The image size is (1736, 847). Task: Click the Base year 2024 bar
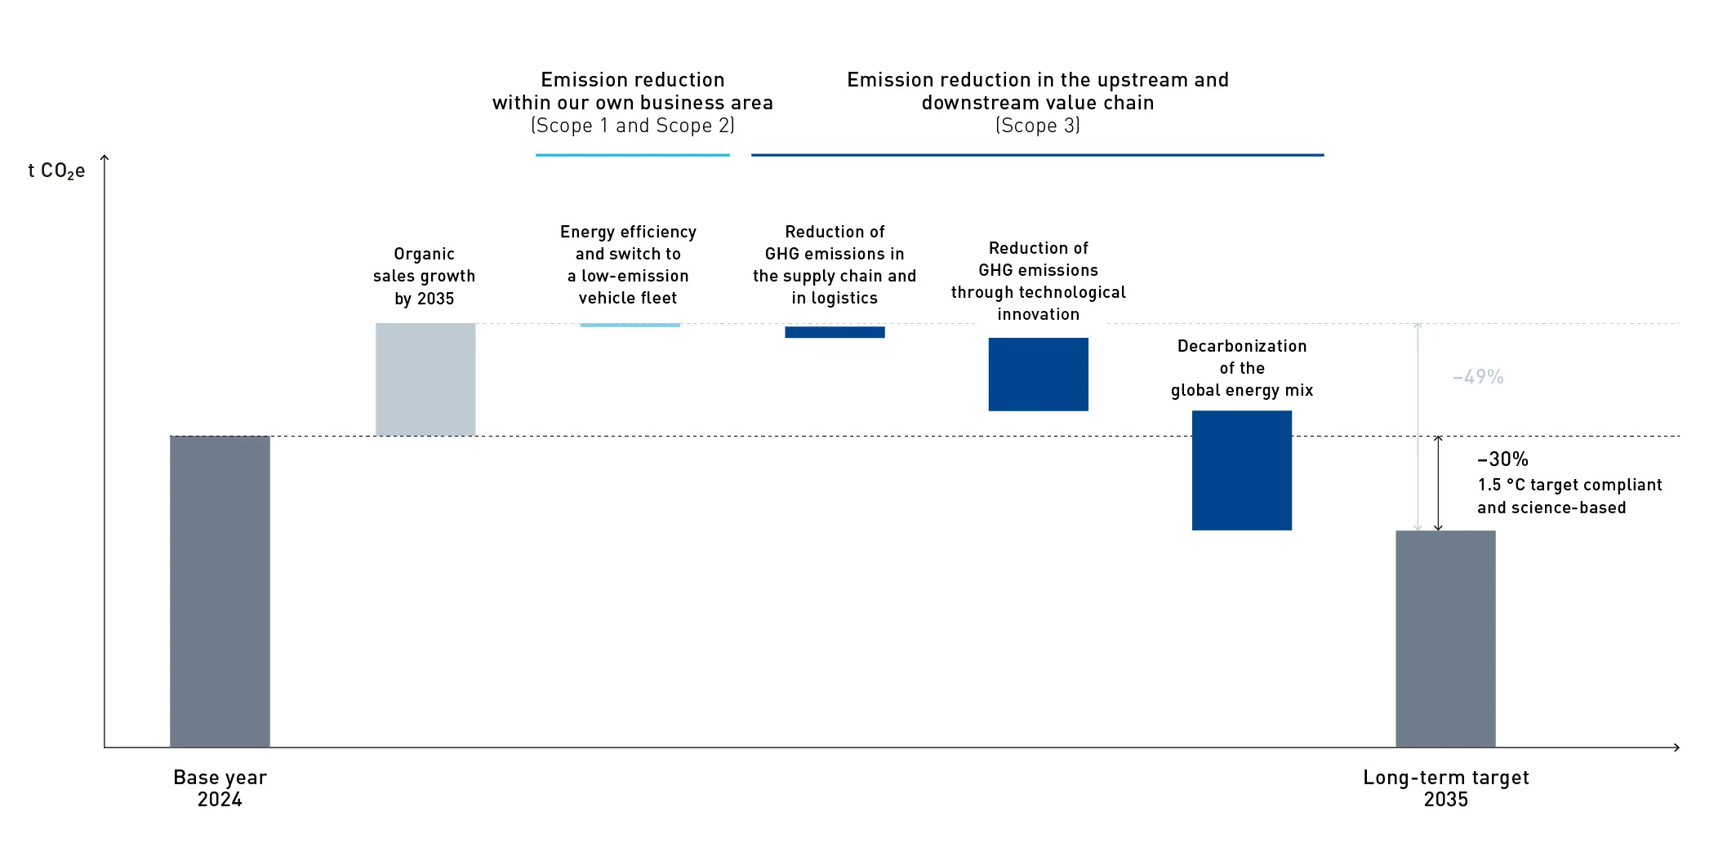(x=220, y=591)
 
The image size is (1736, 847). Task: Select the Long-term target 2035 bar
(x=1444, y=638)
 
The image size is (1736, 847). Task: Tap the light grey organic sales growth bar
(x=425, y=379)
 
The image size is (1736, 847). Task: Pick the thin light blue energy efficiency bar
(x=630, y=325)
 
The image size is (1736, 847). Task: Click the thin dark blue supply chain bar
(x=835, y=332)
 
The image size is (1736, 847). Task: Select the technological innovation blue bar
(x=1038, y=374)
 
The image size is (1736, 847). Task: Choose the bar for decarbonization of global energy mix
(x=1241, y=470)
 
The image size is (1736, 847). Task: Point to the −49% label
(x=1478, y=377)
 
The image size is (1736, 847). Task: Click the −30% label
(x=1502, y=459)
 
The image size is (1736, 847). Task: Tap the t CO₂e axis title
(x=56, y=171)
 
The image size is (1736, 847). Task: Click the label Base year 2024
(x=220, y=788)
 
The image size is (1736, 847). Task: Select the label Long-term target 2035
(x=1445, y=788)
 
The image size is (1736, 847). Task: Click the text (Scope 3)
(x=1037, y=126)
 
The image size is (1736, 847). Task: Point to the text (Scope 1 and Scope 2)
(x=632, y=126)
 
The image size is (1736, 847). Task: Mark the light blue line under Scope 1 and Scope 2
(x=632, y=155)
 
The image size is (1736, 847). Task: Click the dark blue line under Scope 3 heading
(x=1037, y=155)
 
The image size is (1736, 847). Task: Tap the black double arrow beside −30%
(x=1438, y=483)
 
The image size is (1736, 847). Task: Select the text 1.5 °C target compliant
(x=1569, y=485)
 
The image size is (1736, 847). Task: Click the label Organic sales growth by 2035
(x=424, y=276)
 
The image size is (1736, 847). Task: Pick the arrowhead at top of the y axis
(x=105, y=158)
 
